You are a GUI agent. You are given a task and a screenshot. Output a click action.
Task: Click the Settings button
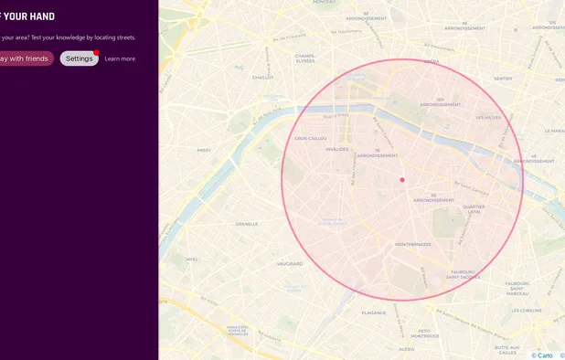click(79, 58)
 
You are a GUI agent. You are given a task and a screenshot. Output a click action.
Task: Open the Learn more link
click(120, 58)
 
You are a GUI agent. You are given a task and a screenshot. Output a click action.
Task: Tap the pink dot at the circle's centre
click(402, 180)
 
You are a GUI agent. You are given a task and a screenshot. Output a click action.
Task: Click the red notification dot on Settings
click(96, 52)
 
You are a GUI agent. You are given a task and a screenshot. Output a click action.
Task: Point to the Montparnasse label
click(412, 245)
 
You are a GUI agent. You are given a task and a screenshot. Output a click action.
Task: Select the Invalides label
click(337, 149)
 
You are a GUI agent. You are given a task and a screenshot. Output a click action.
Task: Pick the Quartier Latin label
click(474, 209)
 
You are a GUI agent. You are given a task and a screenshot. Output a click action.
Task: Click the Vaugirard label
click(290, 264)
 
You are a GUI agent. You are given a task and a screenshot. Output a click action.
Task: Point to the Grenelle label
click(247, 224)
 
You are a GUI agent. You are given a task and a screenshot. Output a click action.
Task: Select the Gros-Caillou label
click(309, 139)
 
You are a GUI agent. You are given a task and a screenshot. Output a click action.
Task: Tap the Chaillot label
click(262, 78)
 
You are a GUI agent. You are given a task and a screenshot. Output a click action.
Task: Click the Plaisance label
click(374, 312)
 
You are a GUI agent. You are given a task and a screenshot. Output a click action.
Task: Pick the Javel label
click(191, 259)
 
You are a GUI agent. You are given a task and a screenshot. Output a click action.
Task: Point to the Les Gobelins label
click(528, 311)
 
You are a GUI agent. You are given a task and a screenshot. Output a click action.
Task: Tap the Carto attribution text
click(542, 355)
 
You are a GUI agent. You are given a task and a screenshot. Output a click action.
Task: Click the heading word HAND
click(40, 16)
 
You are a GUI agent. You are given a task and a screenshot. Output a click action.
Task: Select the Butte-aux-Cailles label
click(506, 349)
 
